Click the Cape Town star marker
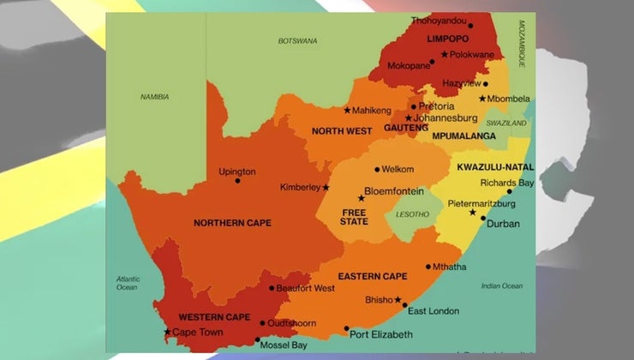click(x=167, y=333)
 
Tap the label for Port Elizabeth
click(x=381, y=334)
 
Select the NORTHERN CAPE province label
click(x=232, y=223)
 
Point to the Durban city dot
click(x=483, y=218)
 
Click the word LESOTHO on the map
click(x=413, y=214)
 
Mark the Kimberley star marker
click(x=326, y=187)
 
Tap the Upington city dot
click(x=237, y=181)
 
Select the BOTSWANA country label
click(x=297, y=40)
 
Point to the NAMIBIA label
click(x=154, y=97)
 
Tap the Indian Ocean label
click(x=502, y=285)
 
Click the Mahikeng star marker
click(x=347, y=110)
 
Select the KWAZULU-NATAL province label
click(x=495, y=166)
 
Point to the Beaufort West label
click(x=307, y=288)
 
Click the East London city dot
click(x=404, y=305)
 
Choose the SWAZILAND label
click(x=505, y=123)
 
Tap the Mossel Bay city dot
click(x=257, y=339)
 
